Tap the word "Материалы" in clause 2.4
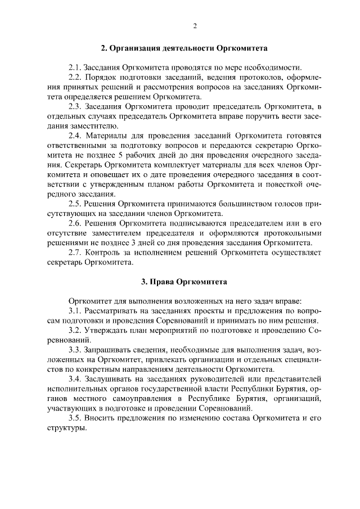[106, 136]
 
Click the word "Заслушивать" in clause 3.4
[110, 379]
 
